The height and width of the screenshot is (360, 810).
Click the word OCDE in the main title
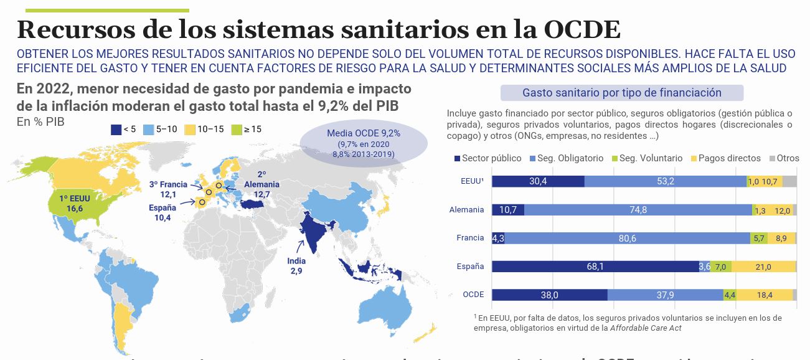coord(582,30)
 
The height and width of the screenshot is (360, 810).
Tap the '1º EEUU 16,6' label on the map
coord(71,204)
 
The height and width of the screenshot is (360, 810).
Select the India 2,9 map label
coord(296,266)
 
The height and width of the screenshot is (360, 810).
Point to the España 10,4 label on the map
coord(162,212)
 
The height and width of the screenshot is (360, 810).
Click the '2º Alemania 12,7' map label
coord(261,185)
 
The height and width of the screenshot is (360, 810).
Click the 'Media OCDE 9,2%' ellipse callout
coord(364,143)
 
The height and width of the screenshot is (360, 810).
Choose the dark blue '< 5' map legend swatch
coord(115,129)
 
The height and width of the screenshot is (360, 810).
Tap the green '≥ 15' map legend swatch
coord(235,129)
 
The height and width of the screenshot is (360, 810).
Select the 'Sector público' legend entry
coord(486,158)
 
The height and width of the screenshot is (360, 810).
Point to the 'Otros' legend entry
coord(784,158)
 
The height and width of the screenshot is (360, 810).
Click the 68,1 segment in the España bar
coord(595,267)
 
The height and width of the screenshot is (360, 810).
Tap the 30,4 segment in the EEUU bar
coord(538,181)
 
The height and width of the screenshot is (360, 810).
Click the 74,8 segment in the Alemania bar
coord(638,210)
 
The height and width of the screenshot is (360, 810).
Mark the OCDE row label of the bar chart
coord(473,295)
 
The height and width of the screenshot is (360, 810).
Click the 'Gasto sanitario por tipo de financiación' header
coord(622,93)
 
